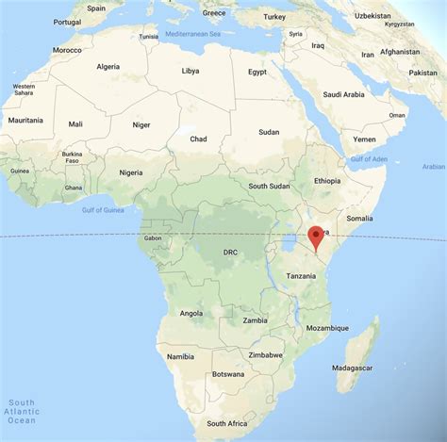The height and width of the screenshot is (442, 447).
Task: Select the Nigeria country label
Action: [x=131, y=172]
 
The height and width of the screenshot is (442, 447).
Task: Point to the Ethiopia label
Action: [x=328, y=180]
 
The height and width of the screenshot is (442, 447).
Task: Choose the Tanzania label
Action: [x=301, y=275]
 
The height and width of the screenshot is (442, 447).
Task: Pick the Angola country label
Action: [x=191, y=313]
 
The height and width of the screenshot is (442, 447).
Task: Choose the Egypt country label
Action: [x=257, y=72]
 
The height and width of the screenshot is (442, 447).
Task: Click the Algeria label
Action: [x=108, y=66]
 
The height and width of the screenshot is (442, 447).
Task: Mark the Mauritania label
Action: [x=25, y=121]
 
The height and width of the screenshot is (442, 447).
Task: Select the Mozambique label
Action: [x=328, y=327]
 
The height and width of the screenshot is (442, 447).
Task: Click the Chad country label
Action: [x=198, y=139]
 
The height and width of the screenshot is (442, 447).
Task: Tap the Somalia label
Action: [x=360, y=219]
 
